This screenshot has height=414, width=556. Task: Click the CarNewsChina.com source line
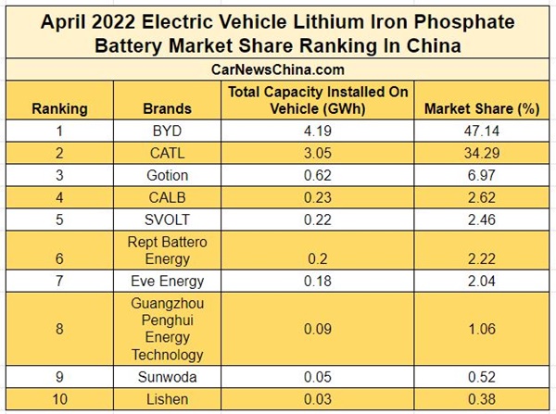278,69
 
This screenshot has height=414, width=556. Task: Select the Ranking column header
59,108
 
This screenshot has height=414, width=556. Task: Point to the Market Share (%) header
481,108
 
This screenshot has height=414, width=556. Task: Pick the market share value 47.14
481,132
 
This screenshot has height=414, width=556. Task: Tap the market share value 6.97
481,176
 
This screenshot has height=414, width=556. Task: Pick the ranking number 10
59,399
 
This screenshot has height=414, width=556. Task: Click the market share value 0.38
481,399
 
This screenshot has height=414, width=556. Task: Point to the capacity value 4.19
318,132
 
